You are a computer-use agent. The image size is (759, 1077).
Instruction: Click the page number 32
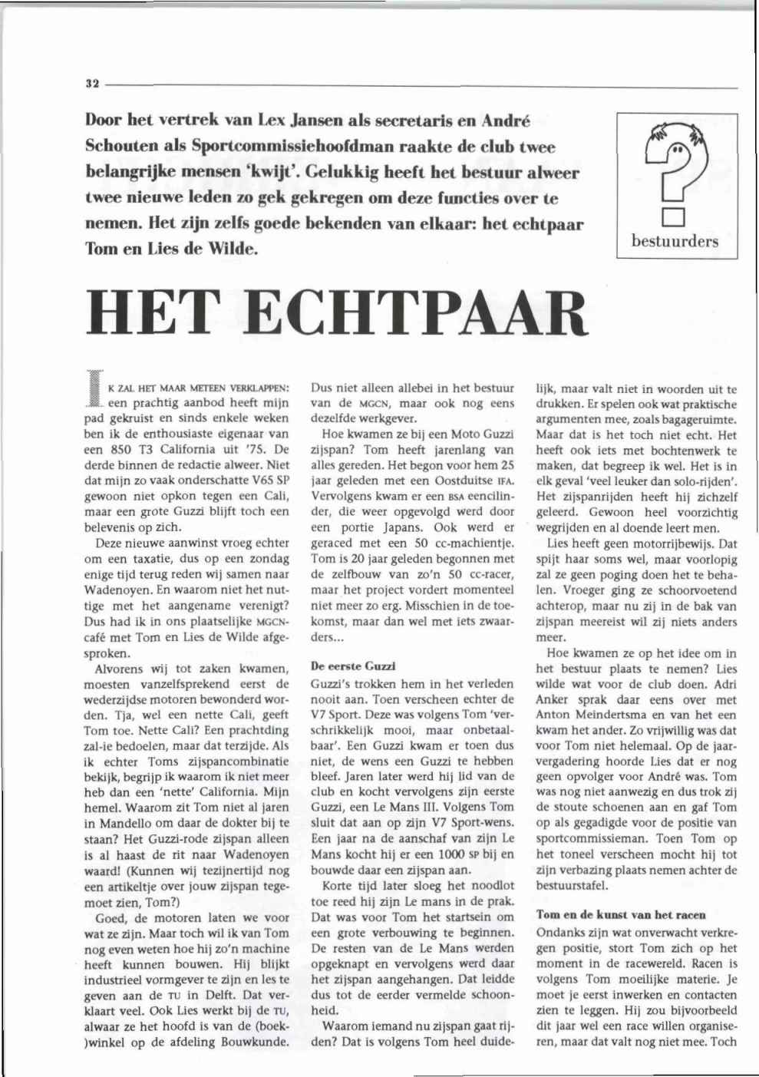coord(93,84)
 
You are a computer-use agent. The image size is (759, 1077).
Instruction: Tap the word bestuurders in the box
coord(675,241)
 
